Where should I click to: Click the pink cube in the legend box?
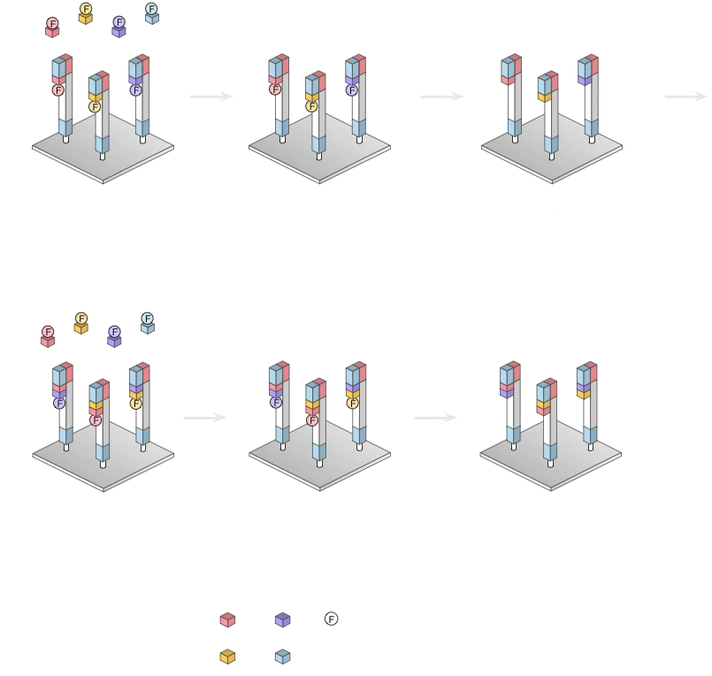coord(228,620)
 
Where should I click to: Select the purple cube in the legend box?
coord(282,620)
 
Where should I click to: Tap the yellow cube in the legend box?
coord(228,657)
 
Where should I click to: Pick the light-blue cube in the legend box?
coord(282,657)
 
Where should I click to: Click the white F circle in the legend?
coord(331,618)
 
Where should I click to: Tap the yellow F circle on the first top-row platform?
coord(95,107)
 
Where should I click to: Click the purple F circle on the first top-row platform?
coord(135,90)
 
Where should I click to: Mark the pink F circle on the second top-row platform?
coord(275,89)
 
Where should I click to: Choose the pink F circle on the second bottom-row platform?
coord(311,420)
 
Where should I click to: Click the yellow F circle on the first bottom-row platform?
coord(135,403)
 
